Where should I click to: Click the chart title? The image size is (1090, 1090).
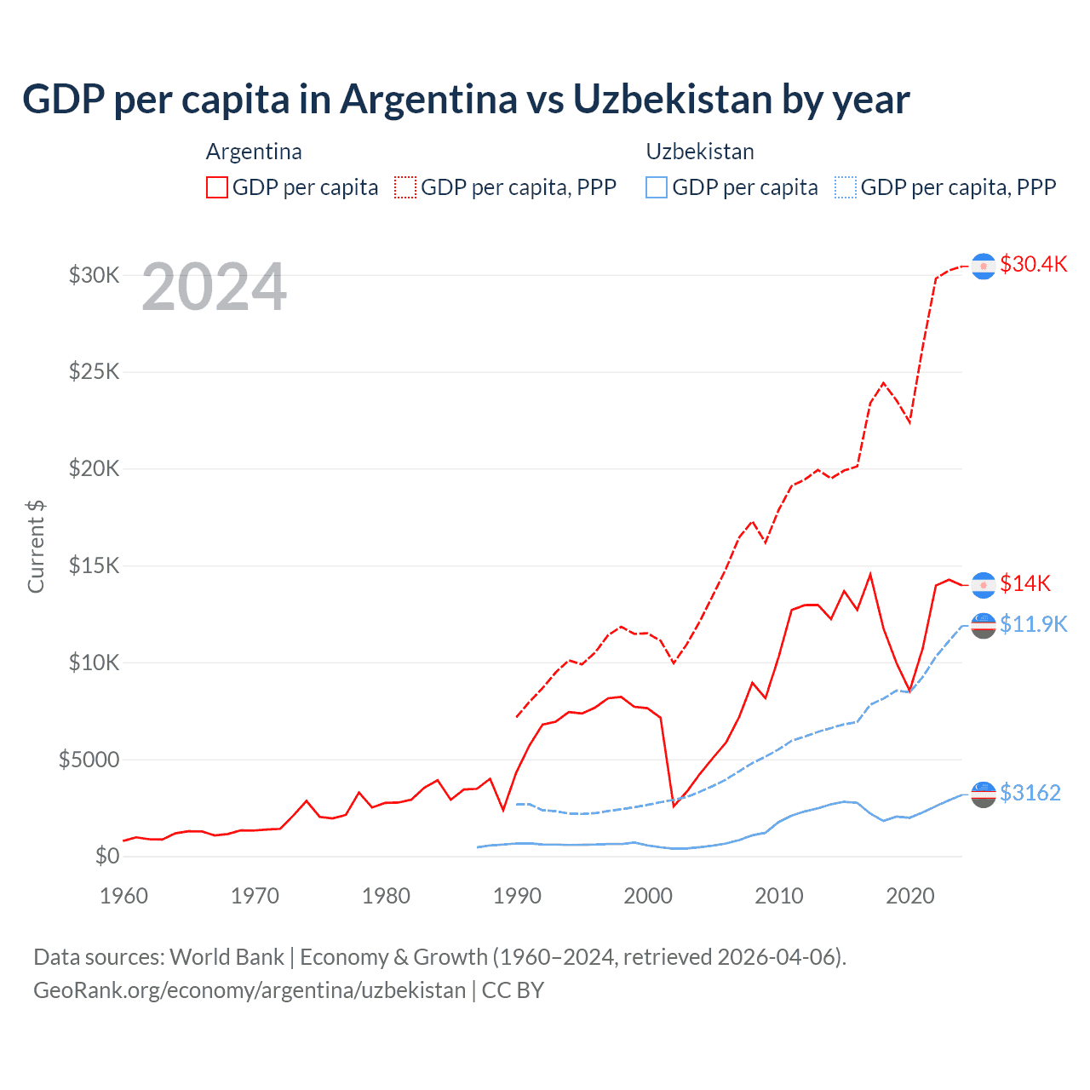pos(466,100)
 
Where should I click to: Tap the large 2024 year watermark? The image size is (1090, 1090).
pos(214,287)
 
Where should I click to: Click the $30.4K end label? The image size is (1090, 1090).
pos(1033,264)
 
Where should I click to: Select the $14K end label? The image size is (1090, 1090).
pos(1025,583)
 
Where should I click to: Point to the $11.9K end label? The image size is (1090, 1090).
pos(1033,624)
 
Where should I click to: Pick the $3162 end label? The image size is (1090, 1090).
pos(1030,793)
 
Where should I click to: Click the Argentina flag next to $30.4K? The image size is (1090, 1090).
pos(984,266)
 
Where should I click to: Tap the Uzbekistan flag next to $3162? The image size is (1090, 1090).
pos(984,794)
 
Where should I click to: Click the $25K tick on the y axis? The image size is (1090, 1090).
pos(94,372)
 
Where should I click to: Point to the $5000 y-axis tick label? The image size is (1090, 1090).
pos(89,760)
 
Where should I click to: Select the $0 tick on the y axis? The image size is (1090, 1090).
pos(106,856)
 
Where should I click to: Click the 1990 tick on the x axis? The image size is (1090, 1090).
pos(517,896)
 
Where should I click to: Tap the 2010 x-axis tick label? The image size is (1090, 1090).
pos(779,896)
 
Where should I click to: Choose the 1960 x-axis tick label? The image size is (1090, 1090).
pos(124,896)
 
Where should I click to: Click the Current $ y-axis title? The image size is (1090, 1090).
pos(36,546)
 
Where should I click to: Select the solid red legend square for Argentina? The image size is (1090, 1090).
pos(217,187)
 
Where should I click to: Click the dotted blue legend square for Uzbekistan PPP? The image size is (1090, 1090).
pos(846,187)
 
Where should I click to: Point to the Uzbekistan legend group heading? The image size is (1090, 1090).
pos(700,152)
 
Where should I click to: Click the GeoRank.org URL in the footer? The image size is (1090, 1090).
pos(250,990)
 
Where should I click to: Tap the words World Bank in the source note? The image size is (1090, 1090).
pos(227,957)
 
